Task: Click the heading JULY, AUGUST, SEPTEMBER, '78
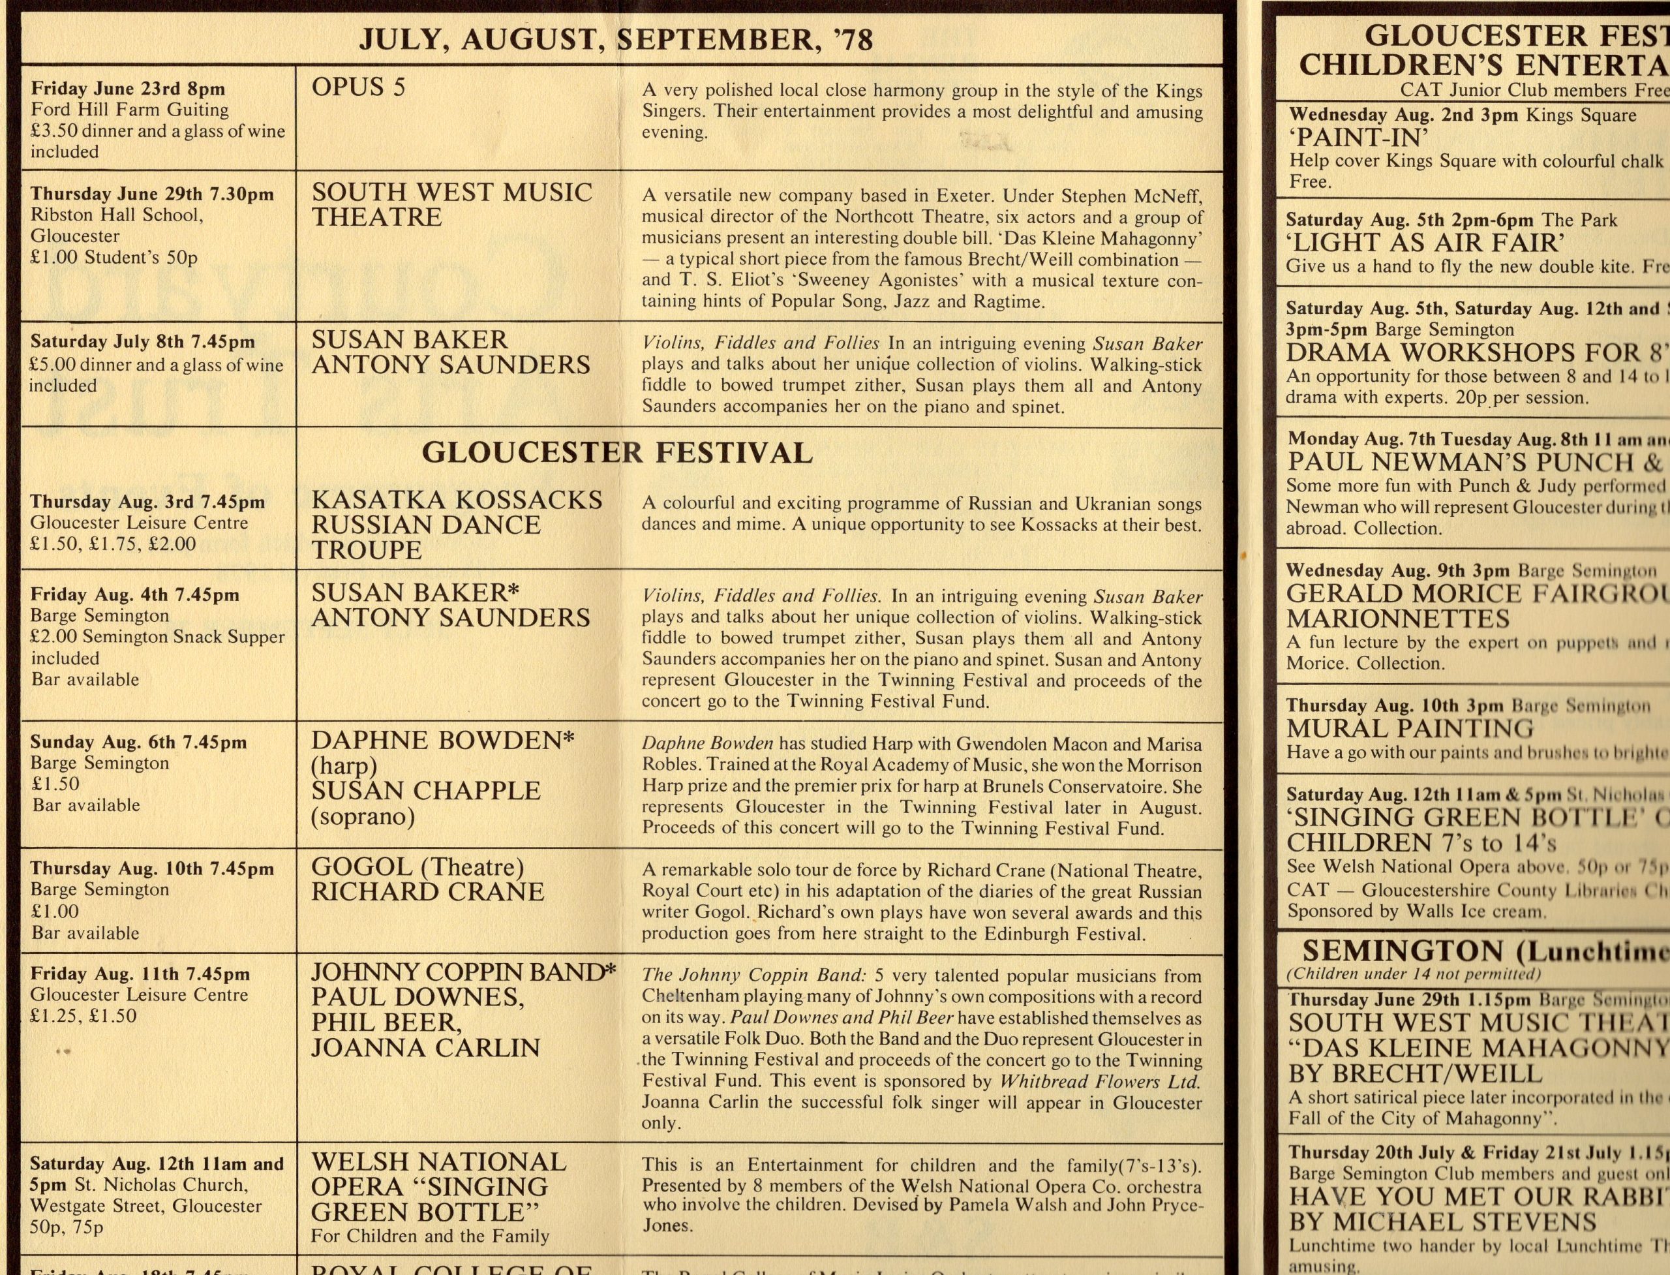(615, 38)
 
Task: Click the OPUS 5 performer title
(358, 87)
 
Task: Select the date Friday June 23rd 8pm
(127, 89)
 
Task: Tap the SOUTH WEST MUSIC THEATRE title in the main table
(451, 204)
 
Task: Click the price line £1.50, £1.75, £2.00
(113, 544)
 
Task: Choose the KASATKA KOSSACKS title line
(457, 499)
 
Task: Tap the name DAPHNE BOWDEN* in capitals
(443, 740)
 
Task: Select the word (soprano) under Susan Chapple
(363, 816)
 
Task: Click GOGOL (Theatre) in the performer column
(417, 866)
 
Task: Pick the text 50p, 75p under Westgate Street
(67, 1227)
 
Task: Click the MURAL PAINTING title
(1410, 729)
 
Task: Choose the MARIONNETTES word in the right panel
(1397, 619)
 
